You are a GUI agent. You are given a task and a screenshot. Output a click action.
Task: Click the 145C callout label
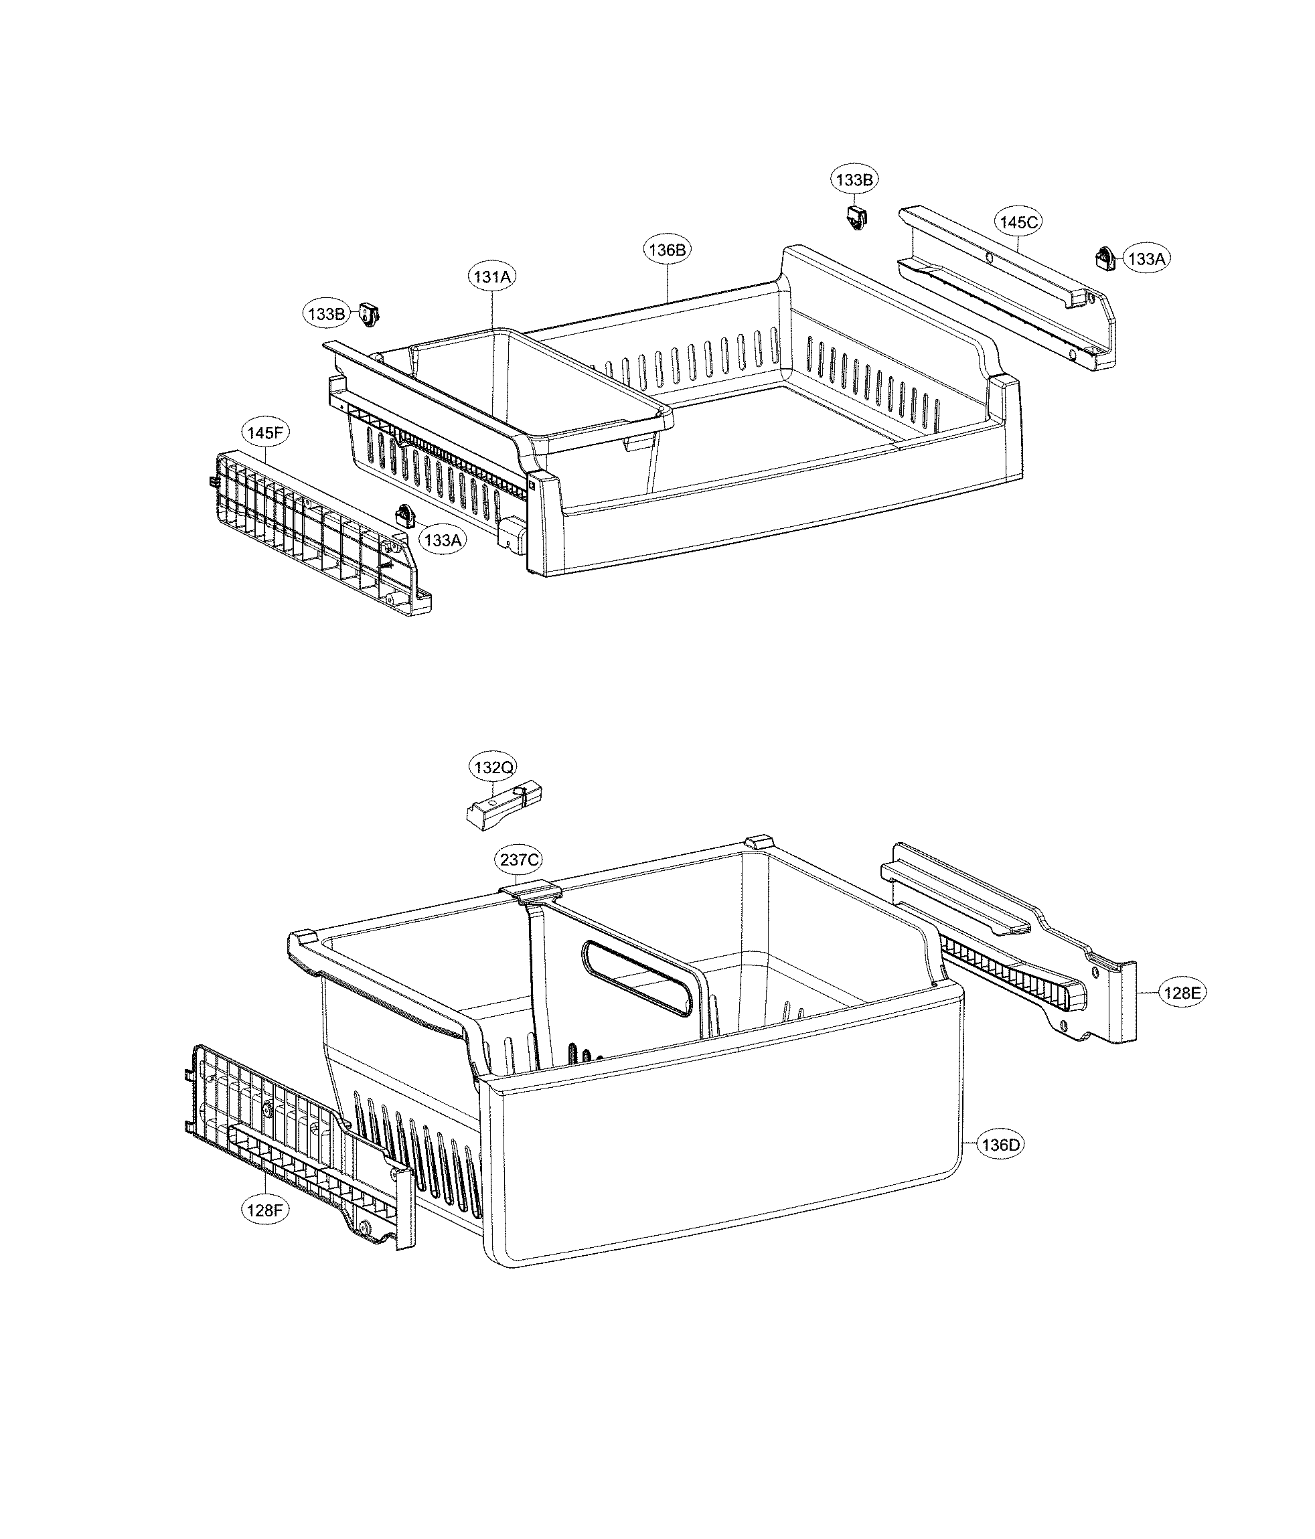1018,222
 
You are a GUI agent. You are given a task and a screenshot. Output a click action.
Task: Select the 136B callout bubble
666,250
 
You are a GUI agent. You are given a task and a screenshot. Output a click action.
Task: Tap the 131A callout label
492,277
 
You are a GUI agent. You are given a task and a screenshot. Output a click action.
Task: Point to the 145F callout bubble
265,433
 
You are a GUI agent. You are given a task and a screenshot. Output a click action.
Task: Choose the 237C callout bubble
519,860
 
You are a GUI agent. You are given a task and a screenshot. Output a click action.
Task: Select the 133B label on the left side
325,313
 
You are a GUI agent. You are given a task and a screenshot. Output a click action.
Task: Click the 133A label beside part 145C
1146,258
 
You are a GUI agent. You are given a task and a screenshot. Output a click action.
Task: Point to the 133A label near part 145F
442,540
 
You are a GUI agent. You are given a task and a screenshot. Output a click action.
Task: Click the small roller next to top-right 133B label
857,218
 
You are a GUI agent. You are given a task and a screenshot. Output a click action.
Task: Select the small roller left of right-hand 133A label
1104,258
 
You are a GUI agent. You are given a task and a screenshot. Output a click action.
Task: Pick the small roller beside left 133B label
368,314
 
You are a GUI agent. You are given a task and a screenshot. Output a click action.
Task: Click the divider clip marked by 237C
530,889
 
